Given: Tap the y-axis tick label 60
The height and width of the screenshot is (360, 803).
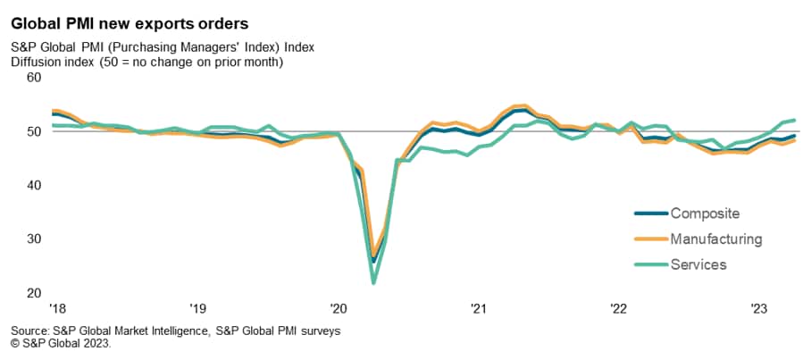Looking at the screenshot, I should [34, 78].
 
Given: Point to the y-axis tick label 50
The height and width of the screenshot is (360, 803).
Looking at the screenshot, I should [34, 131].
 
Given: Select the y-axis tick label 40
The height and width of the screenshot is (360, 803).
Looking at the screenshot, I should [34, 185].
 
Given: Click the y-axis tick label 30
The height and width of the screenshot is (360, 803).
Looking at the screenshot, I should [34, 239].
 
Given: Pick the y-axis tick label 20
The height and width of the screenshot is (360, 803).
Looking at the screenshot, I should [34, 293].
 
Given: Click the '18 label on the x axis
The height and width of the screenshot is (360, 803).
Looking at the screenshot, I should [57, 309].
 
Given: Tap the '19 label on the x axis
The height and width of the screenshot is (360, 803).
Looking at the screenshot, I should [197, 309].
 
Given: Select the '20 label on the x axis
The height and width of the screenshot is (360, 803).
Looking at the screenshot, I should [338, 309].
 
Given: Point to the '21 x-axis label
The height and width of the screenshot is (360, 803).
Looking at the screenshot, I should [478, 309].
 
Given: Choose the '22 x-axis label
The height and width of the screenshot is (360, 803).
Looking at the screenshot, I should [618, 309].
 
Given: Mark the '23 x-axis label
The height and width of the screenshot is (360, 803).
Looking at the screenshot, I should [758, 309].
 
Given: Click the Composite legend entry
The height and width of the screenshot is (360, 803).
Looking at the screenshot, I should [706, 213].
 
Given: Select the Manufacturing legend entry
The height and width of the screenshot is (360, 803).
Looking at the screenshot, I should [715, 239].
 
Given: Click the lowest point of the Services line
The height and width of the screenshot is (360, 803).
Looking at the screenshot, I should [373, 283].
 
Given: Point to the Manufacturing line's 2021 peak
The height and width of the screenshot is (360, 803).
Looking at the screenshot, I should [524, 105].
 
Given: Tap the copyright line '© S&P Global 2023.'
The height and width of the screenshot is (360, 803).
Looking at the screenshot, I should [61, 342].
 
